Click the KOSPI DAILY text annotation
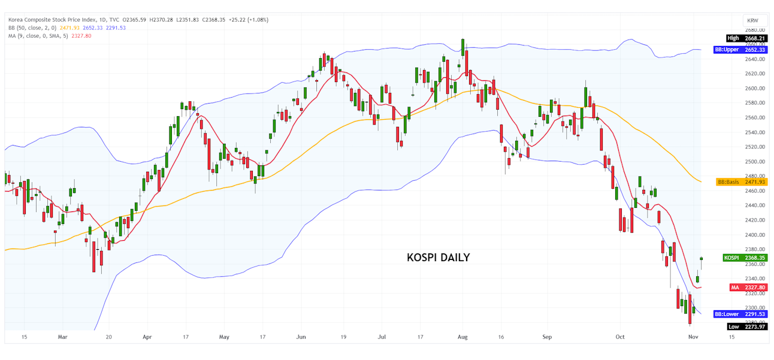click(x=438, y=258)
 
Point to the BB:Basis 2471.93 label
click(x=741, y=181)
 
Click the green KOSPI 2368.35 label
click(x=745, y=258)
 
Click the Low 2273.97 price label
click(x=746, y=326)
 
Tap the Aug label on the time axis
click(x=462, y=337)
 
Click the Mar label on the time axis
click(x=62, y=337)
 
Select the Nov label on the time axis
click(x=693, y=337)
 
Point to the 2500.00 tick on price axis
click(x=755, y=162)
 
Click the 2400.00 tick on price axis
click(x=755, y=235)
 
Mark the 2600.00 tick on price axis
click(x=755, y=89)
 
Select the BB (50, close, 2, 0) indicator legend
click(x=33, y=28)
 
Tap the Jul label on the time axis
click(x=381, y=337)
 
